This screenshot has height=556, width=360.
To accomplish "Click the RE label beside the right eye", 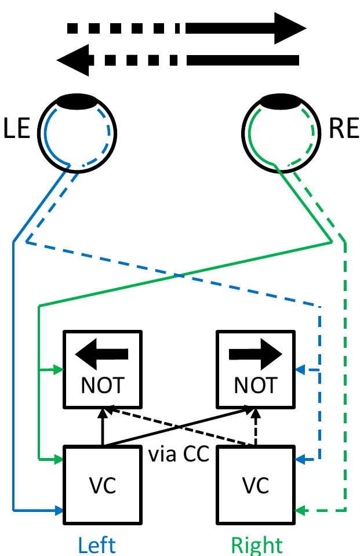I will [344, 129].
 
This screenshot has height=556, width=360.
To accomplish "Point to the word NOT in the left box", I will [102, 385].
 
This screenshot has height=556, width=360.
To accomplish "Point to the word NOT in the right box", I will [255, 385].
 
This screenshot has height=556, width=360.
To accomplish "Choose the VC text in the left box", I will [102, 485].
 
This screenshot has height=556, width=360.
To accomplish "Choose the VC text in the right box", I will [255, 485].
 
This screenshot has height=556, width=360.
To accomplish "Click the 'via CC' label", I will [179, 454].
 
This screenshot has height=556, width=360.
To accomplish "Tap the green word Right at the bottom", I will [256, 545].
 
